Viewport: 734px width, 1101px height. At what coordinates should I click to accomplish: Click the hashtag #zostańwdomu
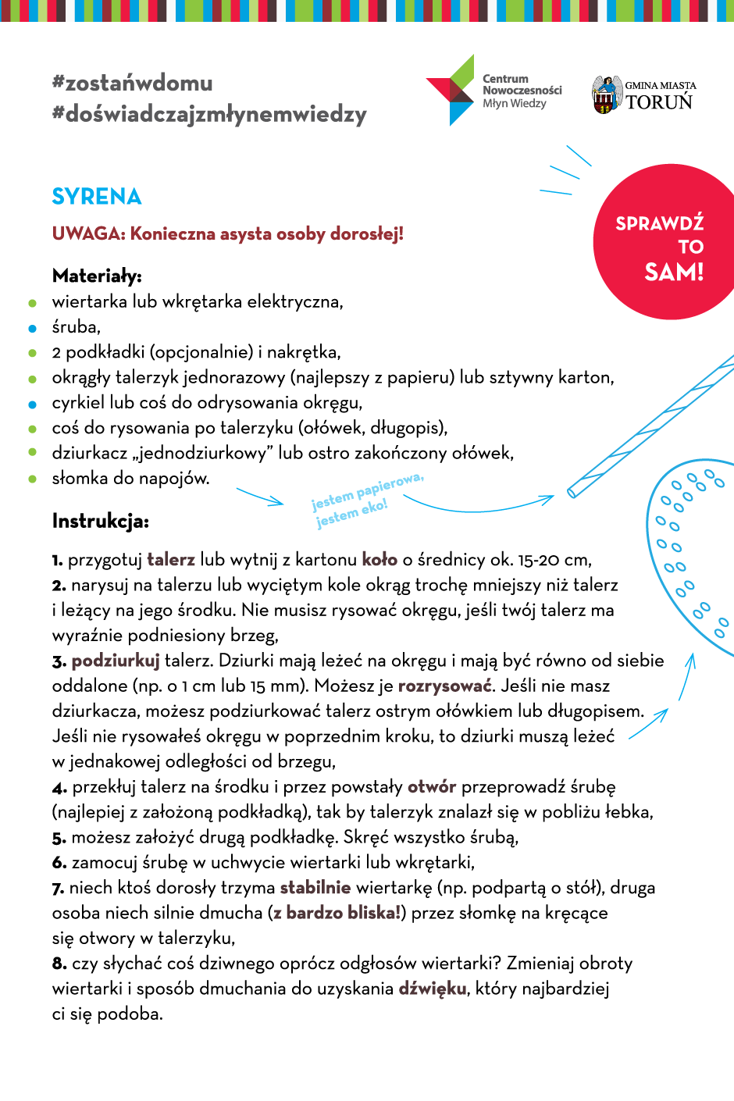132,83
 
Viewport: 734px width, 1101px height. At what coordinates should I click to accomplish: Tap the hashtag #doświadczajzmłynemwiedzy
209,114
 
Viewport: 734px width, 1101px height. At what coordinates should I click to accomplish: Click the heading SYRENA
97,197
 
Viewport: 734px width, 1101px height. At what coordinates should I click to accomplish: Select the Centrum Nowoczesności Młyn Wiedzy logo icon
451,91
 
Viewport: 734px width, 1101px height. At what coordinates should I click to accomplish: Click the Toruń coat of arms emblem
606,95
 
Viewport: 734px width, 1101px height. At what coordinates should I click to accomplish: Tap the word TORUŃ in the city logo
659,102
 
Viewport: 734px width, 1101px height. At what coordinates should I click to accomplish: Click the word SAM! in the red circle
674,272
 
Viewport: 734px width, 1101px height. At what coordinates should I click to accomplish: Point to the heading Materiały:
97,276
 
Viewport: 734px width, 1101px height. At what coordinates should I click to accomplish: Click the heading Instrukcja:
100,521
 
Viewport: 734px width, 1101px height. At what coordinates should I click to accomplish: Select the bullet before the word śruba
32,328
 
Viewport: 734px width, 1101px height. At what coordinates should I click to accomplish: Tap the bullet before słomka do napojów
32,479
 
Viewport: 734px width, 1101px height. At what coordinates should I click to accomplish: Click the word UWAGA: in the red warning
88,233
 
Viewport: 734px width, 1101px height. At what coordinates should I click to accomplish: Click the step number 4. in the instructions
59,788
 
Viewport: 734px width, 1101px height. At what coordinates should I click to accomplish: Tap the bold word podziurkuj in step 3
116,661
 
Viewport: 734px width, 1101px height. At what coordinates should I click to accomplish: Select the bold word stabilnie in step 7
315,888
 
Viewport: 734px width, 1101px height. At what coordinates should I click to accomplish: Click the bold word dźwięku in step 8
433,989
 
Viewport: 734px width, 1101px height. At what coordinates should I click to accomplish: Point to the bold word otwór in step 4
432,786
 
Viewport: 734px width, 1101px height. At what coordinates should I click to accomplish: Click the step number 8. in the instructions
59,964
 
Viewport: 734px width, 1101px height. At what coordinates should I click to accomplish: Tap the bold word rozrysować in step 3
445,686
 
